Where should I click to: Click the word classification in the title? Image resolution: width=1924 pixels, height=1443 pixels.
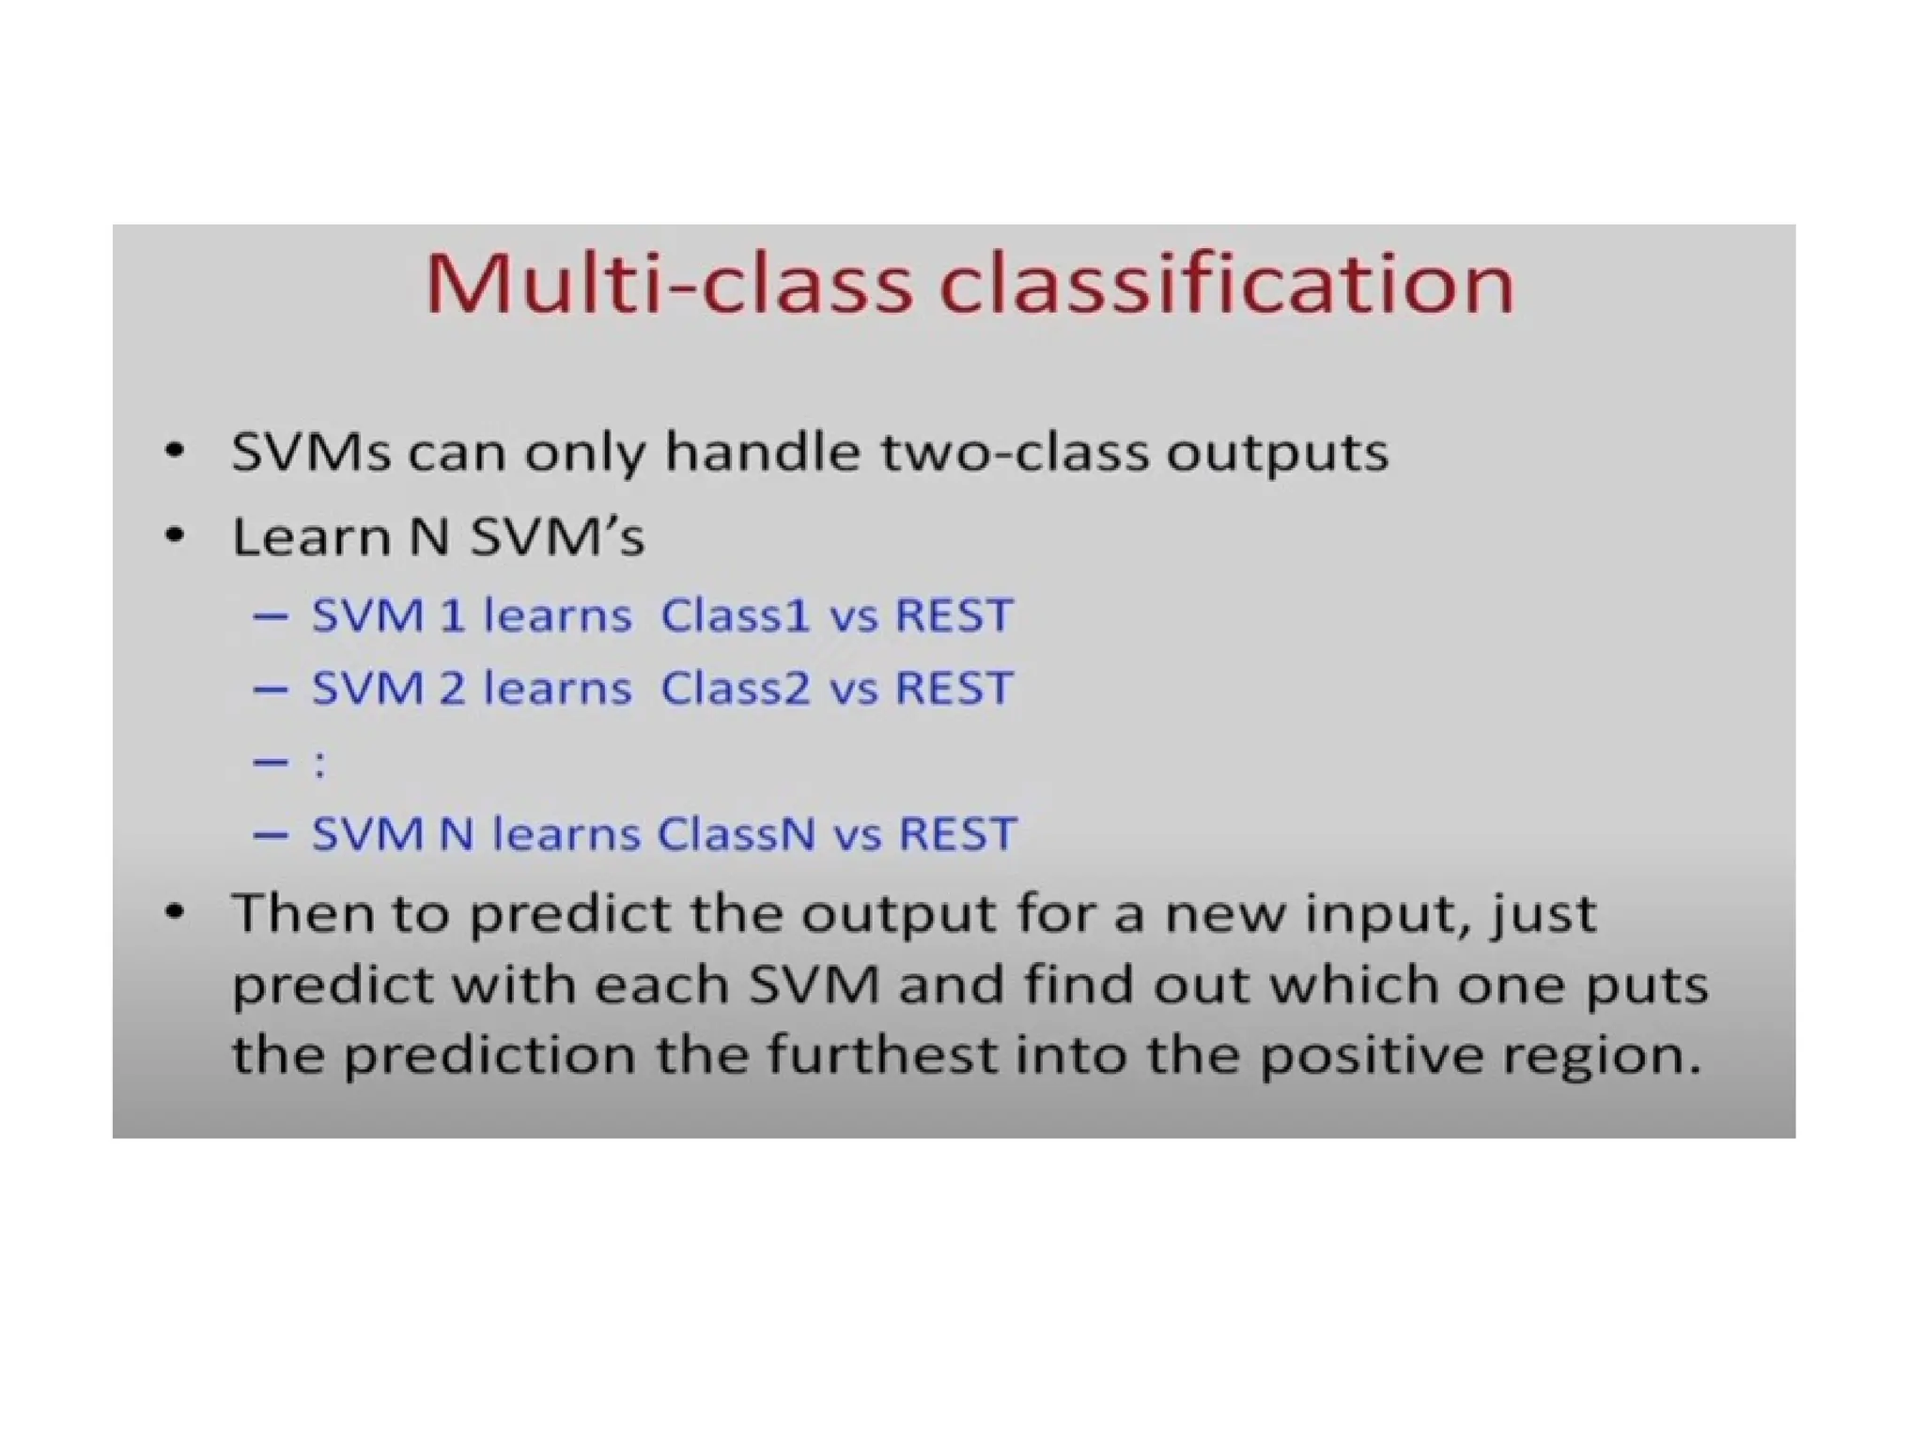coord(1226,284)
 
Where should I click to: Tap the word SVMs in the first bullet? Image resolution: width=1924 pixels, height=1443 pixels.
coord(310,452)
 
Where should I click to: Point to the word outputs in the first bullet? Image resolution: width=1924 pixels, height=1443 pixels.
coord(1277,454)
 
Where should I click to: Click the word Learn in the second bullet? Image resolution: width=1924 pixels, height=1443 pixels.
coord(311,537)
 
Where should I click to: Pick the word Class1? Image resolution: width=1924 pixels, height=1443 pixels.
coord(735,616)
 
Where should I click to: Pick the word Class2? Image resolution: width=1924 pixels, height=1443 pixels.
coord(735,689)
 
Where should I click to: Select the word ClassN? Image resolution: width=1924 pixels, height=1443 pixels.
coord(736,834)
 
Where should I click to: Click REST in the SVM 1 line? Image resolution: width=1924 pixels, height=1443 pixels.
coord(954,616)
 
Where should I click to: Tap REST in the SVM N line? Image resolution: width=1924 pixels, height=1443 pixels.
coord(957,834)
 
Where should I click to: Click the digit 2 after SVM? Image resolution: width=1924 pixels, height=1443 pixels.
coord(452,689)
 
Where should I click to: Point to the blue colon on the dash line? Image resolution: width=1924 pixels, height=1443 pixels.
coord(320,763)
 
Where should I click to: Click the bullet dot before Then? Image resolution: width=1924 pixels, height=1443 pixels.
coord(174,912)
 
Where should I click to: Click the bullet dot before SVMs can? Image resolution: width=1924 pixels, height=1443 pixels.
coord(174,452)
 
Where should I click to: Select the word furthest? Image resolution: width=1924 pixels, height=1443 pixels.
coord(882,1054)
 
